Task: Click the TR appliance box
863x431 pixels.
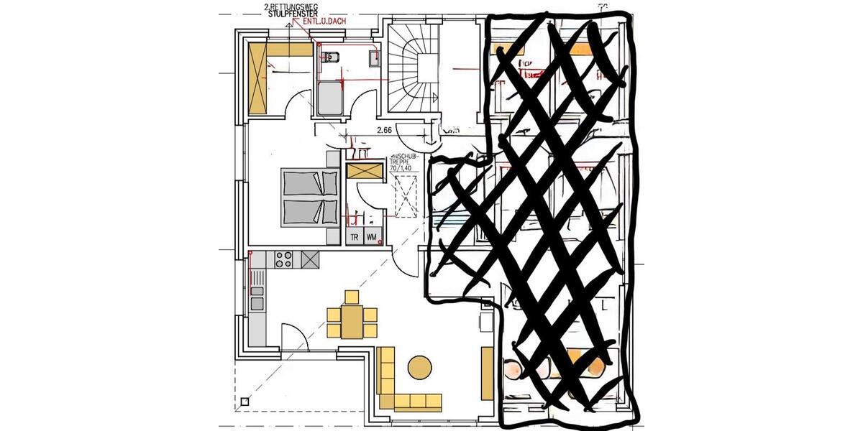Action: (354, 237)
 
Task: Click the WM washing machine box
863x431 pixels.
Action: (371, 237)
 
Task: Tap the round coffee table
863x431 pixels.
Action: (419, 367)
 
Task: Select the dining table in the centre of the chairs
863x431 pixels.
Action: (351, 321)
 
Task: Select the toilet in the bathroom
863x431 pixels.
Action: (332, 57)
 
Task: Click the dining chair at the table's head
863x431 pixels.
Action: (351, 297)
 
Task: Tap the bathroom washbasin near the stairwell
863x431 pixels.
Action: (373, 57)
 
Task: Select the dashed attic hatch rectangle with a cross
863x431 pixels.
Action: (406, 196)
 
